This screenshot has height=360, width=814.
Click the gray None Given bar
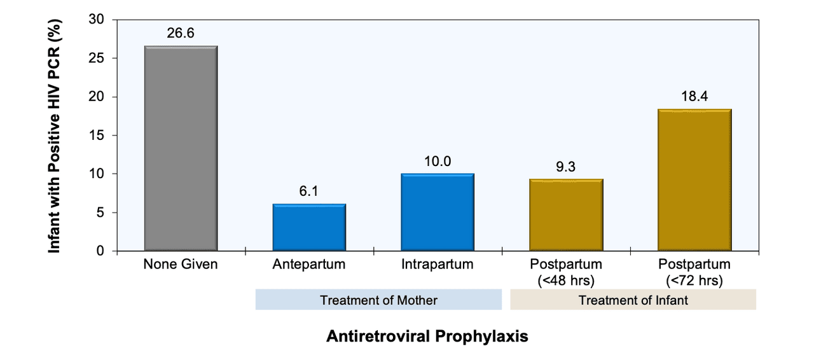pos(181,148)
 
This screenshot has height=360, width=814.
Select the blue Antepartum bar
pos(309,227)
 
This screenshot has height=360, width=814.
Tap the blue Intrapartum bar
pos(438,212)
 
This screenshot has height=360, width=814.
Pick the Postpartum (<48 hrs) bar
pos(566,215)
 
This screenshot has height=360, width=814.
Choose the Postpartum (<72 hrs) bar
pos(694,180)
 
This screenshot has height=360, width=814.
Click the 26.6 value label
pos(181,33)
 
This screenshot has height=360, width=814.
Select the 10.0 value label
pos(438,161)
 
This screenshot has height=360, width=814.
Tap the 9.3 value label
pos(566,167)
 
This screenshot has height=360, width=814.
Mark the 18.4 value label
pos(694,97)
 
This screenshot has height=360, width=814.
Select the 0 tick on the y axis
pos(100,251)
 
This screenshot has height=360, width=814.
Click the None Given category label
pos(181,265)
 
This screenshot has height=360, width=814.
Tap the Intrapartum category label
pos(438,265)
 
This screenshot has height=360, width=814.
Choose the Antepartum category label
pos(309,265)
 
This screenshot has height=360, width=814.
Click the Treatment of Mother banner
pos(378,300)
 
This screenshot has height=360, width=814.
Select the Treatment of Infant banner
pos(633,300)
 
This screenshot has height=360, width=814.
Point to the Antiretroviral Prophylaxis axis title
pos(427,336)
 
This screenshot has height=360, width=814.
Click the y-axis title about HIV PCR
pos(55,135)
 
